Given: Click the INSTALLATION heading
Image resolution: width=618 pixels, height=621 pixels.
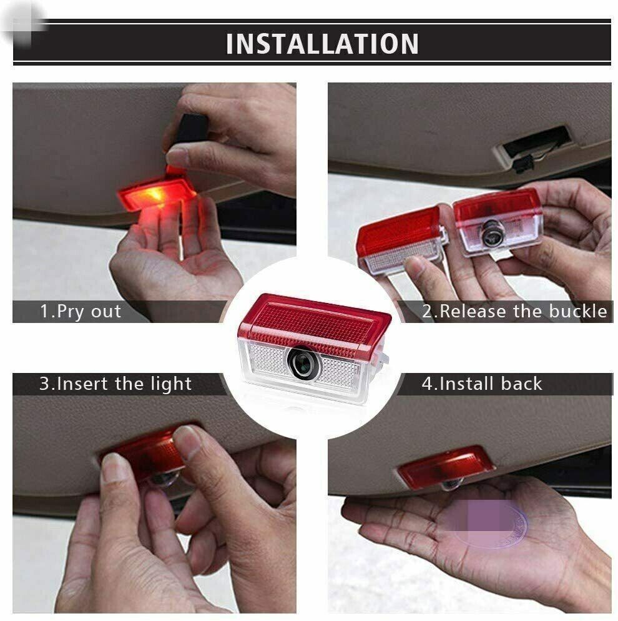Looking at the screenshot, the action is click(x=322, y=44).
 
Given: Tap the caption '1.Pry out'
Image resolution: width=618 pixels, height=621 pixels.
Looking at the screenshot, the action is click(x=81, y=311).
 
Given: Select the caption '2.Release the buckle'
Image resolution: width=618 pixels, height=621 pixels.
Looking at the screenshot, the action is click(x=514, y=311).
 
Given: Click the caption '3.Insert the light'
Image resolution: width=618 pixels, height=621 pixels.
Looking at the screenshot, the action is click(x=115, y=384).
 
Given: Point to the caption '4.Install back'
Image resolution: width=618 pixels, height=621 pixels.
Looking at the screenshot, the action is click(x=482, y=384).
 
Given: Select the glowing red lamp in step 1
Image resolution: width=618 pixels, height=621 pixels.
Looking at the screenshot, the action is click(x=157, y=194).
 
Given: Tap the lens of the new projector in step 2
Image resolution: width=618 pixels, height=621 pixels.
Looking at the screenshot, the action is click(x=493, y=234).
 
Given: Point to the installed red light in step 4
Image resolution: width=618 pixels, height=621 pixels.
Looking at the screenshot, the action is click(x=447, y=467).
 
